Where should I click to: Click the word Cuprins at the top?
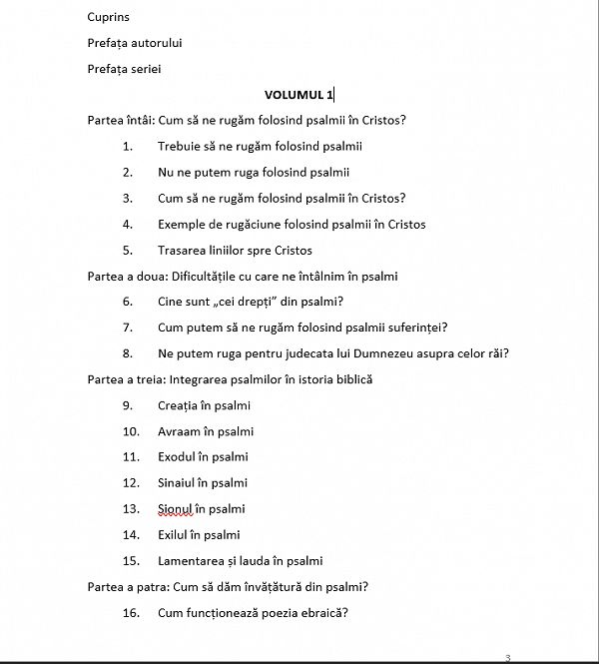108,17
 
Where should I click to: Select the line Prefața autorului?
135,43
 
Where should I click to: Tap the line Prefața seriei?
124,69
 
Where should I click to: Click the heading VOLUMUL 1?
299,95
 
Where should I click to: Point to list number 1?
128,147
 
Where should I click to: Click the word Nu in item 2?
166,172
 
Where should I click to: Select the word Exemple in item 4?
181,224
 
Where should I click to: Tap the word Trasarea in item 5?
182,250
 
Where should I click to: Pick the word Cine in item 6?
171,302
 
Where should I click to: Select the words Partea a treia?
127,379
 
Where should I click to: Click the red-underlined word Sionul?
177,509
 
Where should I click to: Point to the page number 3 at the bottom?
508,657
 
